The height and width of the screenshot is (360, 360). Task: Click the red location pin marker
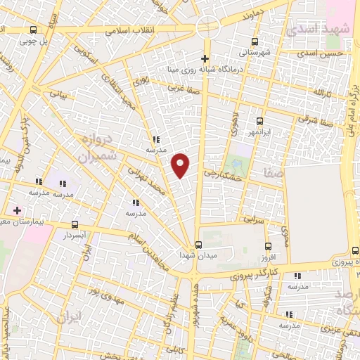181,165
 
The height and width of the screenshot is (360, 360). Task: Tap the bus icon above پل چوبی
34,30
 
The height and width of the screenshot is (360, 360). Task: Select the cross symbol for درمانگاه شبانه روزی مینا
205,58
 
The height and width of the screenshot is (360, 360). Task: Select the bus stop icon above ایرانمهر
260,120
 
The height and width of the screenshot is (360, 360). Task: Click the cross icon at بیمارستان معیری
18,210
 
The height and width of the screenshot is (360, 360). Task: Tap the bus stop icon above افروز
268,246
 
